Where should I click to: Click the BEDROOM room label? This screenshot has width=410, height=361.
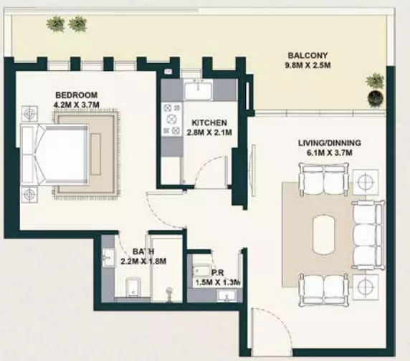[x=77, y=95]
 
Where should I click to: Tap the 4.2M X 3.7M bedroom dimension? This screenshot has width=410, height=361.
[x=77, y=105]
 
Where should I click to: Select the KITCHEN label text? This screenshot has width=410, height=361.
[x=209, y=122]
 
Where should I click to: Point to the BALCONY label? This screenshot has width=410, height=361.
[x=307, y=56]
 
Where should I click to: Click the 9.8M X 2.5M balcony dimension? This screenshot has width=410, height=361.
[x=307, y=65]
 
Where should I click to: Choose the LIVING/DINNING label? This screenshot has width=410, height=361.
[x=330, y=143]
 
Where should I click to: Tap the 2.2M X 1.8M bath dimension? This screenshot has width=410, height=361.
[x=143, y=261]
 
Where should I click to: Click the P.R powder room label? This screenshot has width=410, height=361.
[x=218, y=273]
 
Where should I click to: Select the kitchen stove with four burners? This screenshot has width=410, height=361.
[x=172, y=119]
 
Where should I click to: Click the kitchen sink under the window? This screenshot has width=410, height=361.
[x=198, y=90]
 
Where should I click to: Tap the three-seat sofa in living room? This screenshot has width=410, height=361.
[x=368, y=235]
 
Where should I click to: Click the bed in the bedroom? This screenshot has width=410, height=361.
[x=54, y=155]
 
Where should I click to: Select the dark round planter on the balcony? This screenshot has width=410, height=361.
[x=376, y=98]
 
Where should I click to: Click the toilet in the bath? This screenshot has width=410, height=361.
[x=133, y=287]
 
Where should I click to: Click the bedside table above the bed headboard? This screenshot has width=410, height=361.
[x=29, y=114]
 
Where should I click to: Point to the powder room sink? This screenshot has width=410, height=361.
[x=227, y=296]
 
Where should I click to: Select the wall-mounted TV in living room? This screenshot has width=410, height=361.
[x=253, y=170]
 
